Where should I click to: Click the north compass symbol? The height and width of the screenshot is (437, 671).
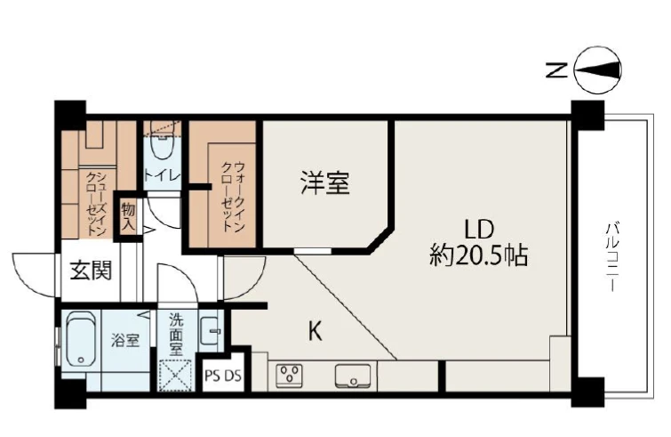[597, 69]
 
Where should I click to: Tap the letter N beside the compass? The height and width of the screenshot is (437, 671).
[556, 70]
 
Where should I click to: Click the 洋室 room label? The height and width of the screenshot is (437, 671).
[325, 183]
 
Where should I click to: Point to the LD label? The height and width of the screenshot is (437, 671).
[479, 230]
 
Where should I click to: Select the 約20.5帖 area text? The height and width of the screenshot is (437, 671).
[478, 255]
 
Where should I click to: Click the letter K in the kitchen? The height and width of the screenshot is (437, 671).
[316, 331]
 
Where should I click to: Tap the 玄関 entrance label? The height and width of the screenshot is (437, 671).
[92, 271]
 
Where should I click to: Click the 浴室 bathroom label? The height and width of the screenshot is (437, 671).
[125, 341]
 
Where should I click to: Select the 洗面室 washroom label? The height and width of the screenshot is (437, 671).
[176, 334]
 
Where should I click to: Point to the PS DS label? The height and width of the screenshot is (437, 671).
[223, 376]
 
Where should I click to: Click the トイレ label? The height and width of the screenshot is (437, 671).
[162, 174]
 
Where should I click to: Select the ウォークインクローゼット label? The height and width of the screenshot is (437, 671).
[233, 196]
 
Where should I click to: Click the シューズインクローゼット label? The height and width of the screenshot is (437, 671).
[97, 205]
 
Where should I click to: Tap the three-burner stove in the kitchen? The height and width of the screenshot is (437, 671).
[289, 376]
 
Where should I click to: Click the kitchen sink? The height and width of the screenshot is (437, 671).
[353, 376]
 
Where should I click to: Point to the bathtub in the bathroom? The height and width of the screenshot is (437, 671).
[82, 338]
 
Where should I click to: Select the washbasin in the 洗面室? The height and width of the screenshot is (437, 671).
[211, 331]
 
